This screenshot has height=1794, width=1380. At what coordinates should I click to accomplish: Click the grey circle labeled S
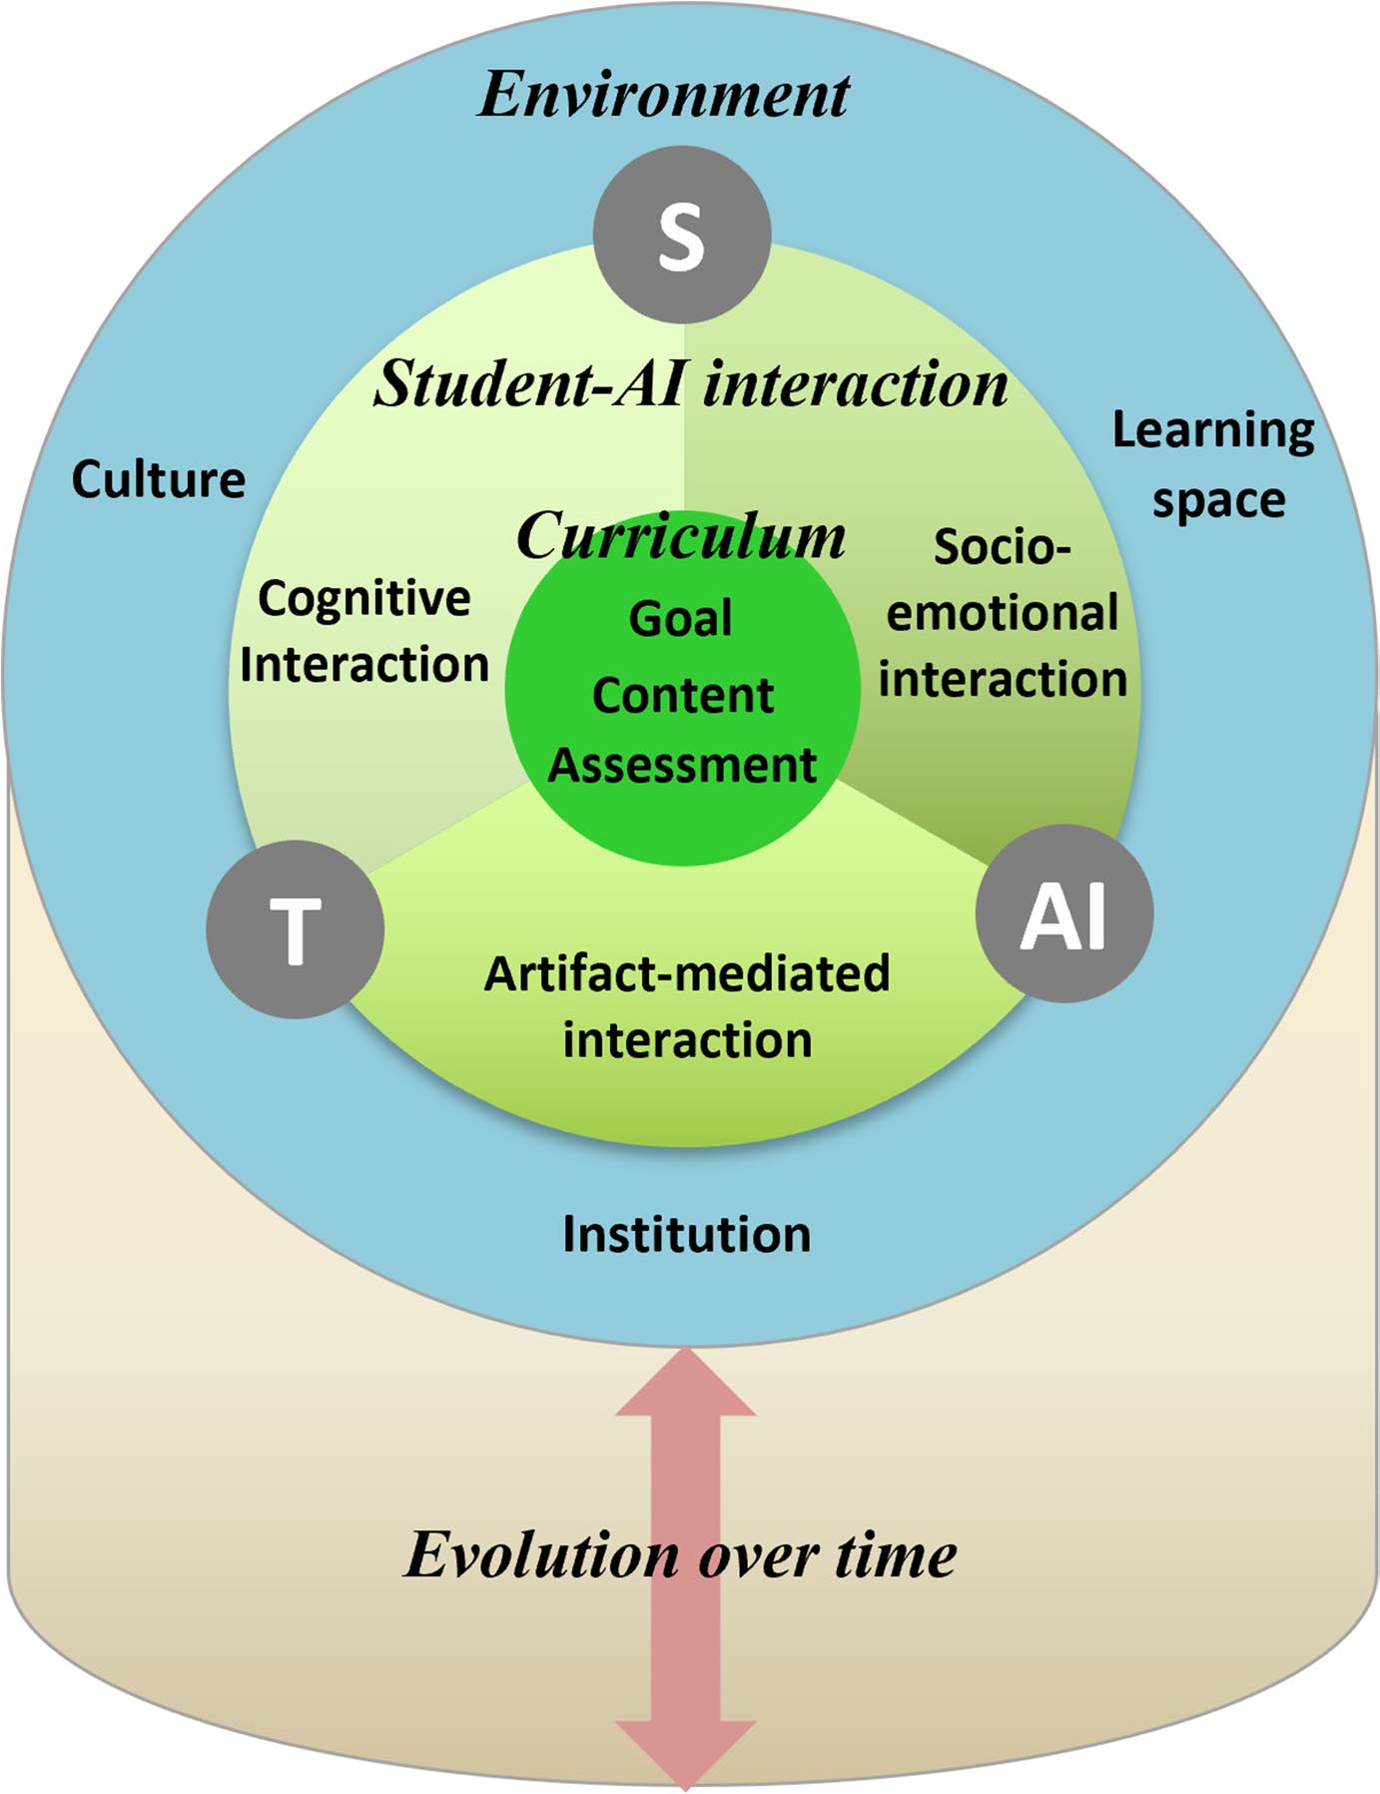tap(682, 235)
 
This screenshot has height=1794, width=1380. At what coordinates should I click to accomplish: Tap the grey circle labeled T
tap(296, 928)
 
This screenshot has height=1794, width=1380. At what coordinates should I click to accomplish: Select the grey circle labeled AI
tap(1064, 913)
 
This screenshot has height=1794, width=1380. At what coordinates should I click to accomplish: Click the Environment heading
tap(663, 95)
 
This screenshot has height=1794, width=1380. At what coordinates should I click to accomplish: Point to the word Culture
tap(159, 479)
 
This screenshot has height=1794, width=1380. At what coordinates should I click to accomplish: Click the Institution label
tap(687, 1234)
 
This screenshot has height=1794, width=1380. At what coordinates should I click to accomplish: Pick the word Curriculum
tap(681, 536)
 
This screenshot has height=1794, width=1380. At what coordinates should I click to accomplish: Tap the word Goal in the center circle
tap(681, 618)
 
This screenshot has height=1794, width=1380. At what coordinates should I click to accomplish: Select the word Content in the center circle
tap(683, 695)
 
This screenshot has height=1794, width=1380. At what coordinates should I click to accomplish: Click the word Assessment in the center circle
tap(683, 766)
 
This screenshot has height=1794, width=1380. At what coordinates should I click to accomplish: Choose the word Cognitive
tap(364, 599)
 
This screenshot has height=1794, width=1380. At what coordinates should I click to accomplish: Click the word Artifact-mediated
tap(687, 973)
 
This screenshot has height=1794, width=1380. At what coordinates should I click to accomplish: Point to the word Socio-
tap(1002, 547)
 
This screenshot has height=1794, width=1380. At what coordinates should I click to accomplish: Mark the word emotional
tap(1002, 613)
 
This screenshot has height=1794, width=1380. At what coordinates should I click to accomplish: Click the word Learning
tap(1213, 431)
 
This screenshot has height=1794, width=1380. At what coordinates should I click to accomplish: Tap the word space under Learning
tap(1219, 500)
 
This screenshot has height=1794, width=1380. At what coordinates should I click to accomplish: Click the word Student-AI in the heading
tap(531, 383)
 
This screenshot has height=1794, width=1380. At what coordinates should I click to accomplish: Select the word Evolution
tap(542, 1555)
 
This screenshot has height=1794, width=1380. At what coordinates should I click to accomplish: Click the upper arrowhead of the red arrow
tap(686, 1383)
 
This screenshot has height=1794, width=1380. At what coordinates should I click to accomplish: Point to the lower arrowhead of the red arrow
tap(686, 1752)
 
